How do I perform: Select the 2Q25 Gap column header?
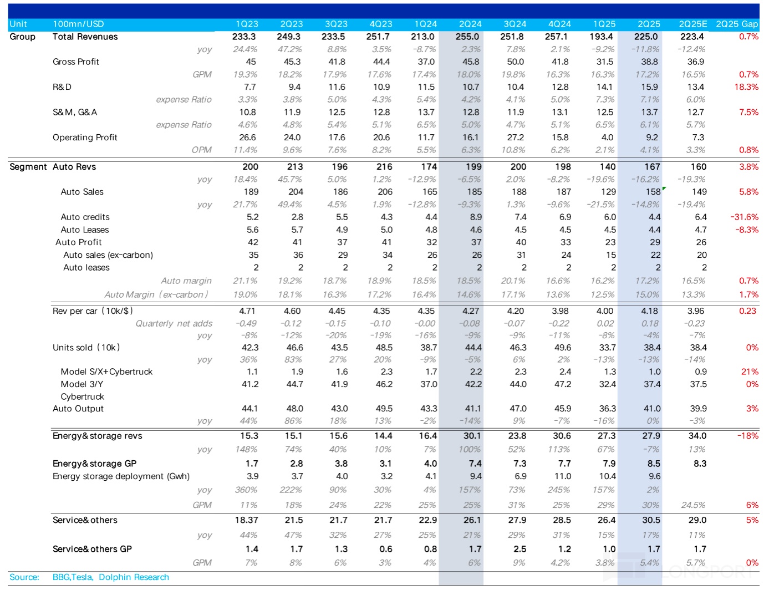pyautogui.click(x=737, y=24)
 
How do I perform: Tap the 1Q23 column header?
pyautogui.click(x=247, y=24)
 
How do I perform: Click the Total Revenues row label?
pyautogui.click(x=85, y=37)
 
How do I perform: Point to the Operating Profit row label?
pyautogui.click(x=85, y=138)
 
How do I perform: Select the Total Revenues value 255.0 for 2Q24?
pyautogui.click(x=467, y=37)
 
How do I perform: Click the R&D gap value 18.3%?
pyautogui.click(x=746, y=87)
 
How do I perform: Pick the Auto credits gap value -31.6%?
pyautogui.click(x=744, y=217)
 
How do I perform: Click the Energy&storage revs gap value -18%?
pyautogui.click(x=747, y=436)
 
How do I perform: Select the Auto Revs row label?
pyautogui.click(x=74, y=167)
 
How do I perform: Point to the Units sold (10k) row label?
pyautogui.click(x=86, y=348)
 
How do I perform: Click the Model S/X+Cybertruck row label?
pyautogui.click(x=106, y=372)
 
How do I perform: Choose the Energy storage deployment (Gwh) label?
pyautogui.click(x=121, y=476)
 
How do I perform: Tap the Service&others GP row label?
pyautogui.click(x=92, y=549)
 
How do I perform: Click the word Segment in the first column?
pyautogui.click(x=28, y=167)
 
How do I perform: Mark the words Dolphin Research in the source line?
pyautogui.click(x=134, y=577)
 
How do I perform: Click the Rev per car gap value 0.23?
pyautogui.click(x=747, y=311)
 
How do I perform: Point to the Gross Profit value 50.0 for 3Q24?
pyautogui.click(x=515, y=62)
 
